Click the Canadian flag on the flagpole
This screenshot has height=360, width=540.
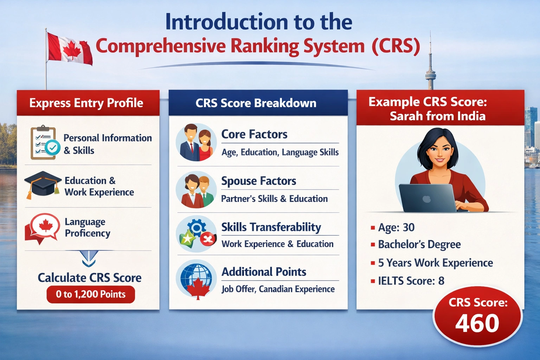(69, 49)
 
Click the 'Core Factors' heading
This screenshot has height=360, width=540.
(254, 134)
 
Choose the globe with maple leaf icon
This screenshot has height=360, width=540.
(196, 280)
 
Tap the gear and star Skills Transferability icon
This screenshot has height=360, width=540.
(196, 234)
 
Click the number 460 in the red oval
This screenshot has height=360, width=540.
(477, 323)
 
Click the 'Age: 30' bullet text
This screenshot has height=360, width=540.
(396, 227)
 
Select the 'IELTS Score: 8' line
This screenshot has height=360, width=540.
(411, 281)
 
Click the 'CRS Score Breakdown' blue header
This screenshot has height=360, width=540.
(258, 103)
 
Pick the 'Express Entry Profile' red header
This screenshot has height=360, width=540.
(88, 103)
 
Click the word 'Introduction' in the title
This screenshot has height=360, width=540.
(227, 22)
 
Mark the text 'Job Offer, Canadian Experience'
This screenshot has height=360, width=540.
(278, 289)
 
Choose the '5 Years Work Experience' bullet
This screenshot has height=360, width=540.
(435, 263)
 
